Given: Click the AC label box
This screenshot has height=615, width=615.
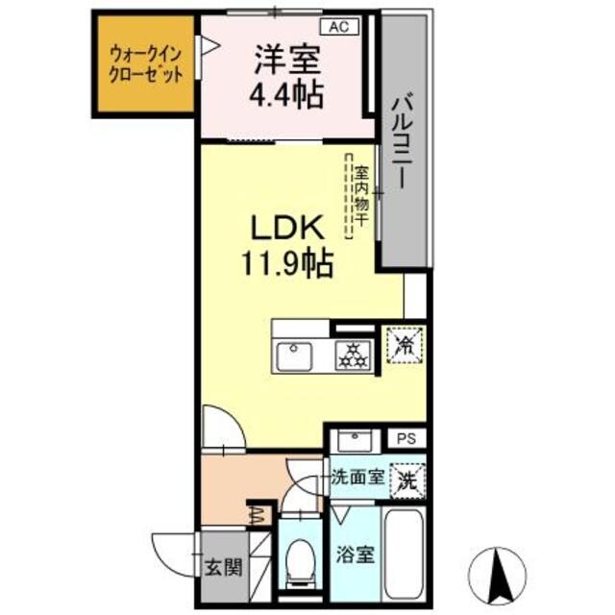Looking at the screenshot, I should pyautogui.click(x=340, y=27).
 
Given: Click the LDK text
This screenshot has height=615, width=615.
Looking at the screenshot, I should pyautogui.click(x=285, y=229).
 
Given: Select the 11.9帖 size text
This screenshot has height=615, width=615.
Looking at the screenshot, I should pyautogui.click(x=285, y=261).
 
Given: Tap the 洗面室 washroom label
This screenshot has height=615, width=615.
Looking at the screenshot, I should pyautogui.click(x=357, y=475).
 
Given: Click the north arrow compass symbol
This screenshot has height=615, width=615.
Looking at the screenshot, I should pyautogui.click(x=498, y=574).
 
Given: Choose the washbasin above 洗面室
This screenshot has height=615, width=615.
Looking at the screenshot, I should pyautogui.click(x=357, y=442).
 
